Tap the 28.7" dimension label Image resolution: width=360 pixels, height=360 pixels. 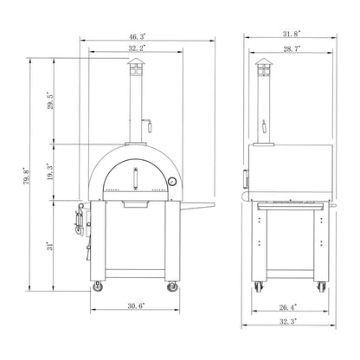pos(288,50)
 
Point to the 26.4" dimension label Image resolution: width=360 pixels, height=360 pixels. pos(290,306)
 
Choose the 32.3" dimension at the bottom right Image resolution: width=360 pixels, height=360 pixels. pos(290,321)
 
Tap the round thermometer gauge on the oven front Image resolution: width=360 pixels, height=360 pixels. pos(171,182)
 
